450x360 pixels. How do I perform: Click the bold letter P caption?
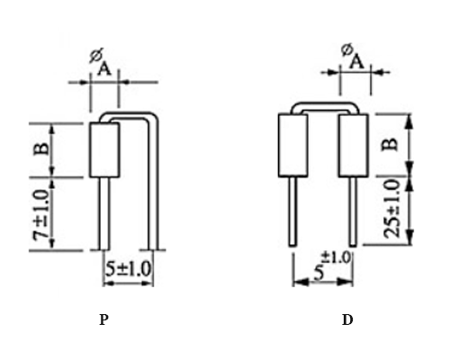(x=104, y=319)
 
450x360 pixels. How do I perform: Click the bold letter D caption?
(x=347, y=319)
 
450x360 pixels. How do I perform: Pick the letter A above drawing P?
(x=105, y=68)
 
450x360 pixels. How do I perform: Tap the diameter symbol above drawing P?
(x=95, y=55)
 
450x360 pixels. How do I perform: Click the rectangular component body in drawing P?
(x=106, y=150)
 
